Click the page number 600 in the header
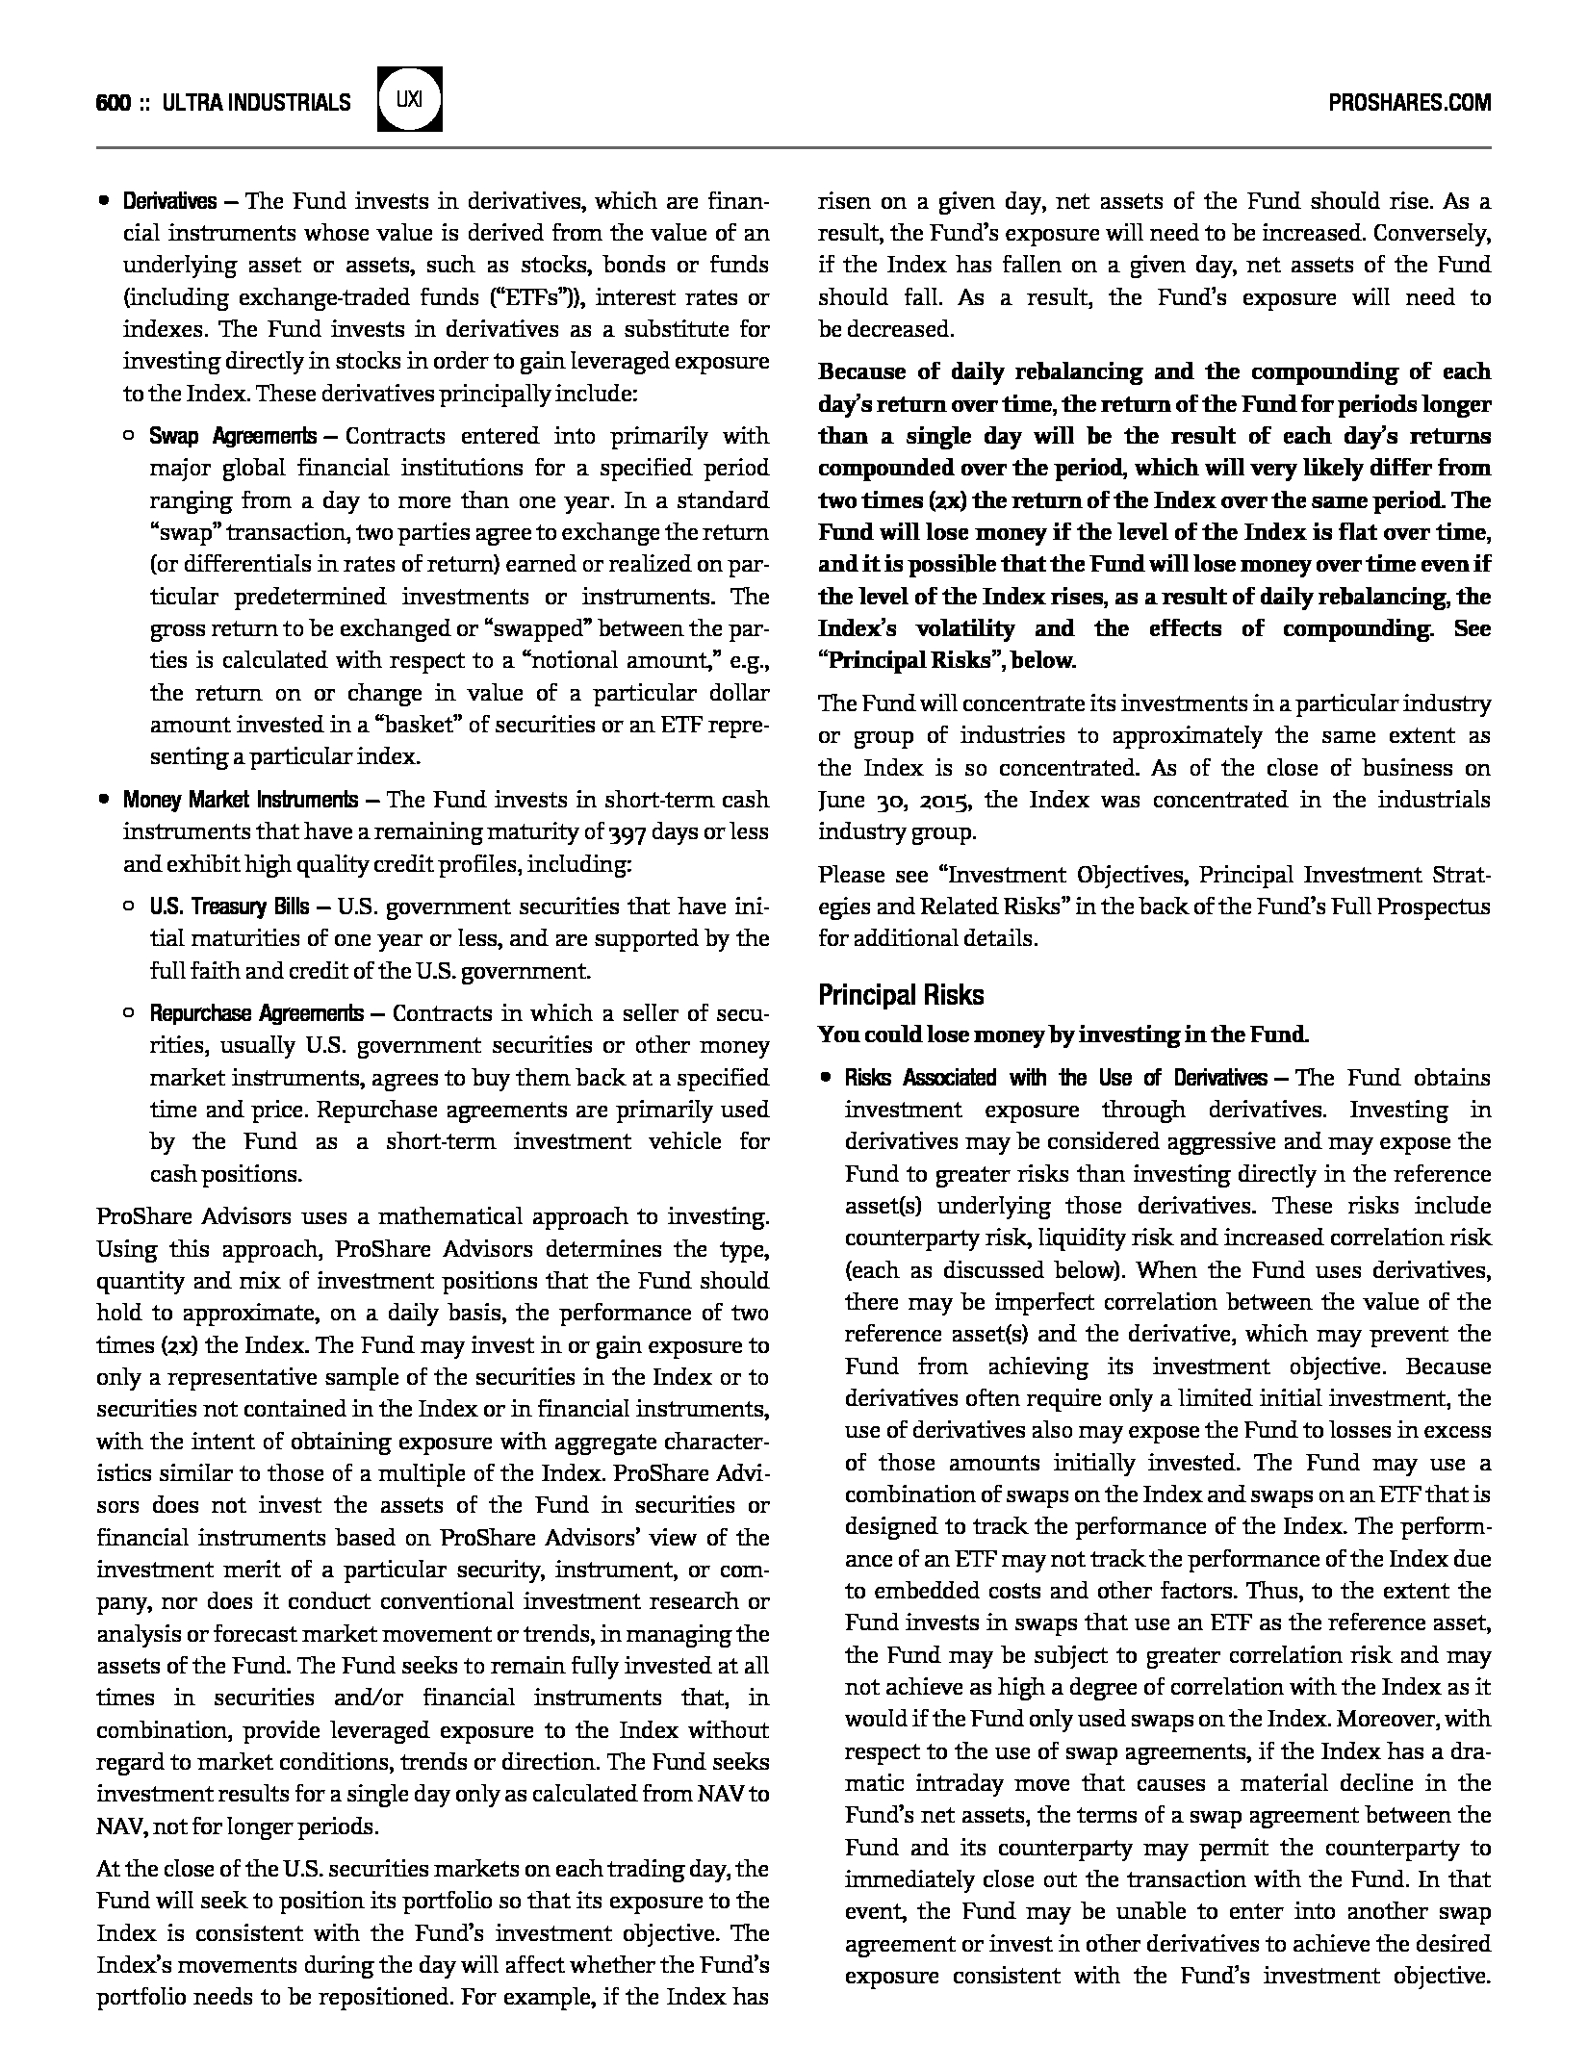pos(113,102)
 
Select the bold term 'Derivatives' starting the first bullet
pos(169,201)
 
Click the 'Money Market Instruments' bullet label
pos(240,800)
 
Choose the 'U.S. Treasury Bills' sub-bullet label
pos(229,907)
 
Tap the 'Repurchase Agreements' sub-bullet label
pos(256,1013)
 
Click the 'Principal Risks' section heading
pos(901,994)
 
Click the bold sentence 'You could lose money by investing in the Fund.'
pos(1063,1035)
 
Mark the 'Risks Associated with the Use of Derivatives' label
pos(1055,1078)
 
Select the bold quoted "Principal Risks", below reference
pos(947,661)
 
